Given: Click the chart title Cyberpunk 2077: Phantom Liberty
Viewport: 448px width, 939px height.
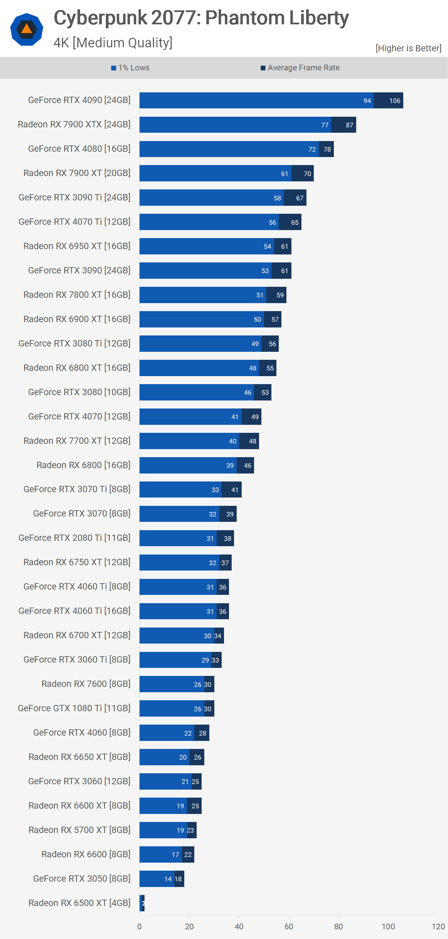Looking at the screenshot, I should click(201, 18).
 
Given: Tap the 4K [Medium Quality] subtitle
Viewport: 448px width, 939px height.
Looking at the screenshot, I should click(113, 43).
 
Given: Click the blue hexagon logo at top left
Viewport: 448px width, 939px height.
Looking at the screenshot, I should click(27, 29).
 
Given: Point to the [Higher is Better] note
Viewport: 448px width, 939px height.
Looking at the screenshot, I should click(408, 48).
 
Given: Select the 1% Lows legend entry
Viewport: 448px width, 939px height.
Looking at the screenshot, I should click(131, 68).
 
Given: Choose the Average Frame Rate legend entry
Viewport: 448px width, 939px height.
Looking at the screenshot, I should click(300, 68).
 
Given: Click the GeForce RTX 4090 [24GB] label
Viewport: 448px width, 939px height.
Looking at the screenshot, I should click(79, 100).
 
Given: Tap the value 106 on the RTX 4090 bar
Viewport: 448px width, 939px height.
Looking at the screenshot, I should click(394, 101).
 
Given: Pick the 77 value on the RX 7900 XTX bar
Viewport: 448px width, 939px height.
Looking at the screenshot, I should click(325, 125).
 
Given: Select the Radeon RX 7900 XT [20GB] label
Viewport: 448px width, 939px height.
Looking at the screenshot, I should click(77, 173).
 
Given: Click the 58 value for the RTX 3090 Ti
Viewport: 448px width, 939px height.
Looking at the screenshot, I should click(277, 198).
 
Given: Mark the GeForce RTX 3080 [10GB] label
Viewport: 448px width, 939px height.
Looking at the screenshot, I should click(79, 392).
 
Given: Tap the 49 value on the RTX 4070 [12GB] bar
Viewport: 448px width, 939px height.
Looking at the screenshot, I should click(255, 416).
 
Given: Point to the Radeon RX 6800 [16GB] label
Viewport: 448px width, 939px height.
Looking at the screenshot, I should click(83, 465).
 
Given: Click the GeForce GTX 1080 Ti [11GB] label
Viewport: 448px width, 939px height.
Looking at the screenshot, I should click(74, 708).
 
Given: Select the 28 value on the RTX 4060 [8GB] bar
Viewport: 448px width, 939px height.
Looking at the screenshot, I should click(203, 733).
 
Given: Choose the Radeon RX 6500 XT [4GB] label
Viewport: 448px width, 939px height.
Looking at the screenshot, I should click(79, 903).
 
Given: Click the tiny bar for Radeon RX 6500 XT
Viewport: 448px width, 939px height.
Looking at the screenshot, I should click(142, 903).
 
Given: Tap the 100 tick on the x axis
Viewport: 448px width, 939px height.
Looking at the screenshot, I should click(388, 926).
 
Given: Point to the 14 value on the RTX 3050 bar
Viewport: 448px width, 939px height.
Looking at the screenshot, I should click(168, 879).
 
